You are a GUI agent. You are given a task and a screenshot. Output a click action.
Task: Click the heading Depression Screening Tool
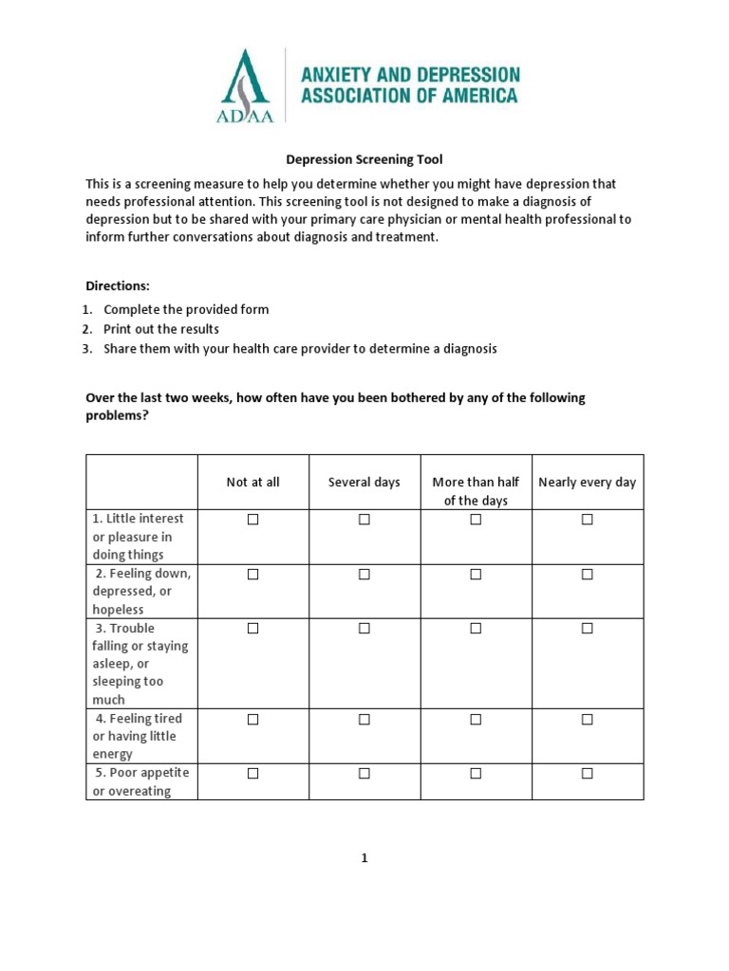coord(365,160)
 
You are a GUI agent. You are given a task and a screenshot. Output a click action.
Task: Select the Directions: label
coord(118,285)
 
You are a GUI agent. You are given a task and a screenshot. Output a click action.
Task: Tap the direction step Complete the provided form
coord(186,309)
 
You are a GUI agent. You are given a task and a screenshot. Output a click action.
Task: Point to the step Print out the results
coord(161,329)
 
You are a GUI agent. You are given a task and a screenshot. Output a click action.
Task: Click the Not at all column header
coord(253,482)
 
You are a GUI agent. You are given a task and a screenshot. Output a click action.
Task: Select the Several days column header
coord(364,482)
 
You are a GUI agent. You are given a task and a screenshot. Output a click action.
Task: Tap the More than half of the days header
coord(476,491)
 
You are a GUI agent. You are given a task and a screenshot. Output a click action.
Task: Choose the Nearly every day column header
coord(587,482)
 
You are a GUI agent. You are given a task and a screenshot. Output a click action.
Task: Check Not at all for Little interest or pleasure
coord(253,520)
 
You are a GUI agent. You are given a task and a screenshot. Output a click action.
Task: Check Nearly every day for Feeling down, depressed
coord(587,575)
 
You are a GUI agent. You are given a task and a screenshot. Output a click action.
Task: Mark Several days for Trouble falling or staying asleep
coord(364,629)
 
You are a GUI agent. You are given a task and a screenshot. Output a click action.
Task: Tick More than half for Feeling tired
coord(476,720)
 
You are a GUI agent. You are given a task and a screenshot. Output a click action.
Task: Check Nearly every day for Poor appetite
coord(587,774)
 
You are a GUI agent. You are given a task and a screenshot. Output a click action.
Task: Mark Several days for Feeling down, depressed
coord(364,575)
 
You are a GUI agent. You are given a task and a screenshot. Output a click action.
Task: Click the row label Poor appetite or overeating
coord(140,781)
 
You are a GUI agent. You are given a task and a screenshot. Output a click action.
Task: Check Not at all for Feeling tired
coord(253,720)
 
